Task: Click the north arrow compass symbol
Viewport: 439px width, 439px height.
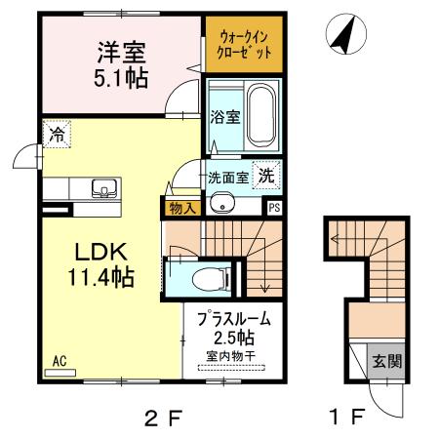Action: pyautogui.click(x=346, y=34)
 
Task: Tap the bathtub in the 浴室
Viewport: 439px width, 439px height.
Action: pyautogui.click(x=261, y=115)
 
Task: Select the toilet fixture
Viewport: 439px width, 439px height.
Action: pyautogui.click(x=212, y=279)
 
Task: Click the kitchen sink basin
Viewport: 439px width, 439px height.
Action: pyautogui.click(x=104, y=188)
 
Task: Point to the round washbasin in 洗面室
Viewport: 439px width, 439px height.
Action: pyautogui.click(x=222, y=204)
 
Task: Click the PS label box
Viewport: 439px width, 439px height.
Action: pyautogui.click(x=274, y=208)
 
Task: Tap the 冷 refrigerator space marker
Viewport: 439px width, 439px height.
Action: pyautogui.click(x=57, y=134)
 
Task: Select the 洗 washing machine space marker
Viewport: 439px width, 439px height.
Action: pyautogui.click(x=266, y=176)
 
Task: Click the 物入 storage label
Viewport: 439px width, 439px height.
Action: pyautogui.click(x=182, y=209)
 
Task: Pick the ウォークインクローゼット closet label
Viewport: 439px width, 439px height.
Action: pyautogui.click(x=244, y=45)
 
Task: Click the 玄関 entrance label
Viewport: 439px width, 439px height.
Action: pyautogui.click(x=387, y=361)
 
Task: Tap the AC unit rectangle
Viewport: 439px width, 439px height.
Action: pyautogui.click(x=60, y=373)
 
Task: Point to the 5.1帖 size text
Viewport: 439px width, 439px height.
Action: pyautogui.click(x=121, y=78)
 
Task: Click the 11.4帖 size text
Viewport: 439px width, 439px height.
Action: pyautogui.click(x=100, y=277)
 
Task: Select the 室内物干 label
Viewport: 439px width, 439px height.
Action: pyautogui.click(x=231, y=356)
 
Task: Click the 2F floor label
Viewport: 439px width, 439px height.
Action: pyautogui.click(x=162, y=418)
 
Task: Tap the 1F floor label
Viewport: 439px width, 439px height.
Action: pyautogui.click(x=346, y=417)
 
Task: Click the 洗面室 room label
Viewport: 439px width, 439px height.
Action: pyautogui.click(x=228, y=178)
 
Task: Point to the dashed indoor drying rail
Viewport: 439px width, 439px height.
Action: pyautogui.click(x=231, y=369)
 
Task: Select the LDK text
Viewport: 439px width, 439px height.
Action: pyautogui.click(x=100, y=253)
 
